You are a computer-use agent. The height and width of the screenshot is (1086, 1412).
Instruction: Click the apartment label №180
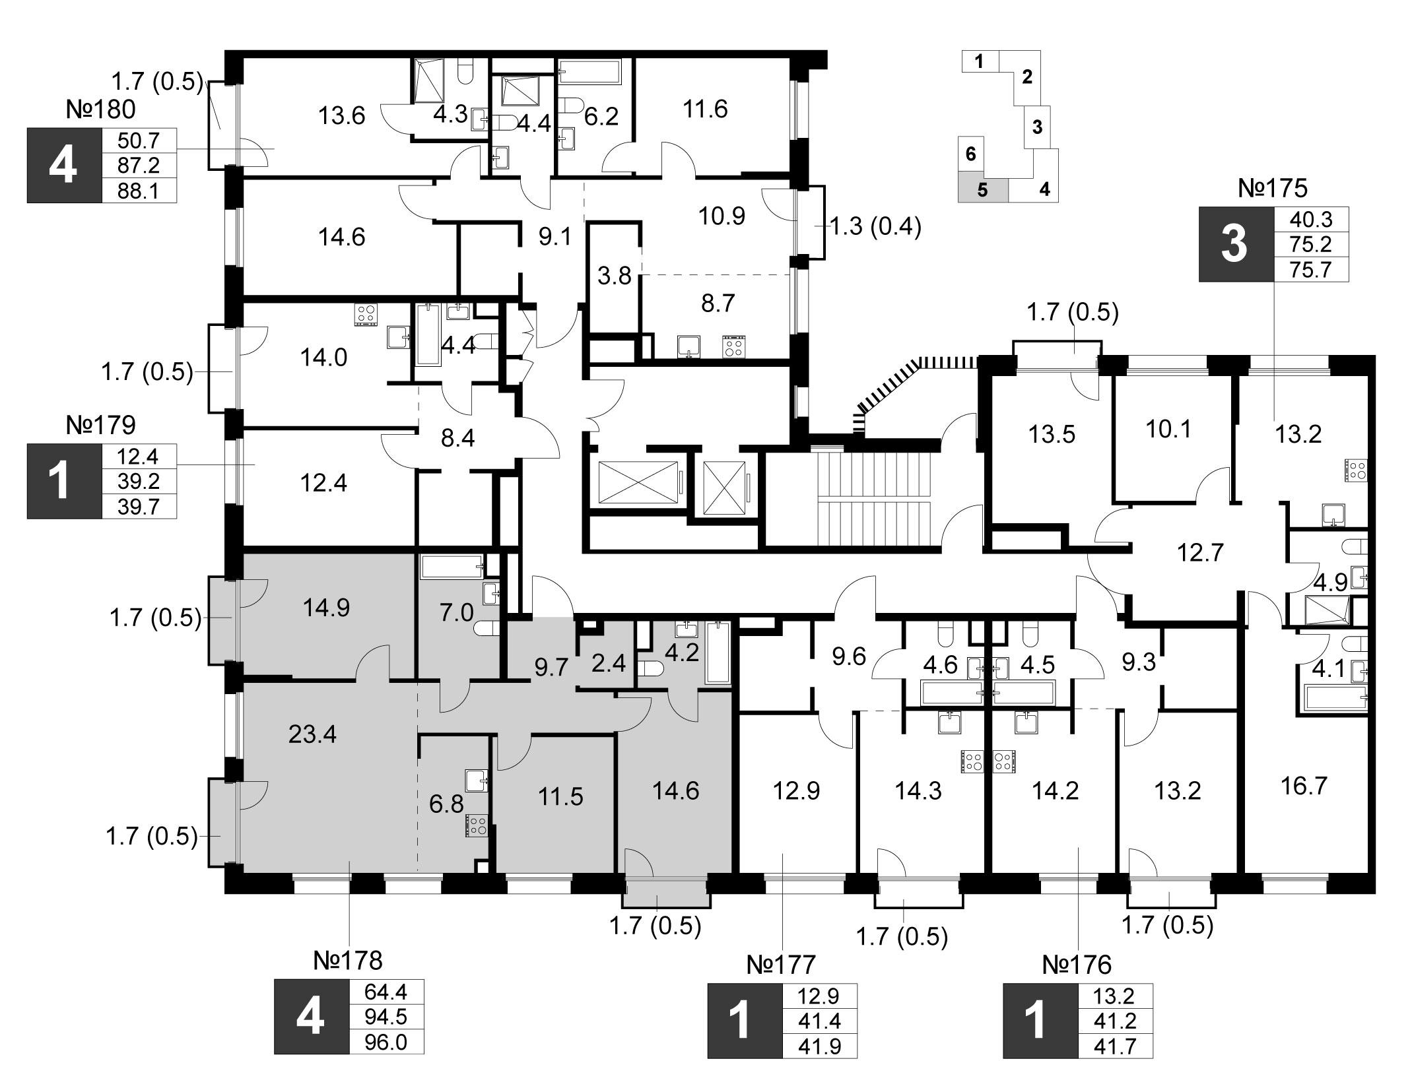click(100, 110)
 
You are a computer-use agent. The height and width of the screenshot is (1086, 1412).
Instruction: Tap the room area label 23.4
click(313, 734)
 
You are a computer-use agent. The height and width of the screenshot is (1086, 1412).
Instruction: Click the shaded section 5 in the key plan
click(983, 190)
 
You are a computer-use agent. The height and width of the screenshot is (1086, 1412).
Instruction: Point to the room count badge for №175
click(1234, 245)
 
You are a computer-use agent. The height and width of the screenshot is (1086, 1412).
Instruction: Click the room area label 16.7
click(1303, 786)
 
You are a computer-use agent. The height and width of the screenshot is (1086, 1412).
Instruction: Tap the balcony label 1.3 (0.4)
click(875, 227)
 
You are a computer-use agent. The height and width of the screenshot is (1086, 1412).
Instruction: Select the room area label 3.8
click(615, 275)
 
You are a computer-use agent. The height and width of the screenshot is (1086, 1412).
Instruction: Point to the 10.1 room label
click(1168, 430)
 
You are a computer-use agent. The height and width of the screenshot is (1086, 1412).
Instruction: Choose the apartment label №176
click(1077, 965)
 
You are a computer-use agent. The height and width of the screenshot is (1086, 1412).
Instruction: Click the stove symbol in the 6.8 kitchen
click(477, 826)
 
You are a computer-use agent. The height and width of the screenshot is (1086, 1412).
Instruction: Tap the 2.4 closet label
click(608, 662)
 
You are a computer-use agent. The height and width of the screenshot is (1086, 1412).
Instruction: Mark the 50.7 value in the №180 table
click(139, 140)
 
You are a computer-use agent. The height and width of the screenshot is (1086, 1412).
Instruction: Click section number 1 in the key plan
click(979, 62)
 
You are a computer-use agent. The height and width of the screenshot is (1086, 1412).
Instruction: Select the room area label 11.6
click(706, 109)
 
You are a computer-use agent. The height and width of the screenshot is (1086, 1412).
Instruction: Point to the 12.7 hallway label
click(1200, 552)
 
